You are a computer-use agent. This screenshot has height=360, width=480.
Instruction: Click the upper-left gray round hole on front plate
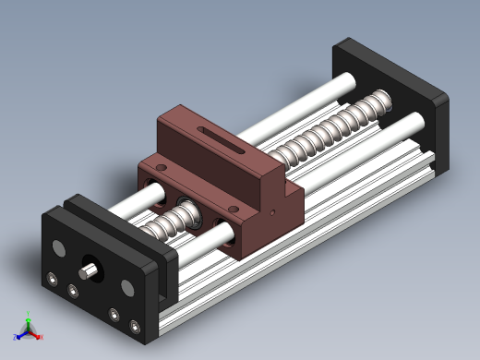point(60,248)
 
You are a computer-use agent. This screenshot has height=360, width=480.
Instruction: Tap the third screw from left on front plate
point(114,315)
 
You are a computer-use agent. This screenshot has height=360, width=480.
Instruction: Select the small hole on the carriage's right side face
point(277,211)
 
